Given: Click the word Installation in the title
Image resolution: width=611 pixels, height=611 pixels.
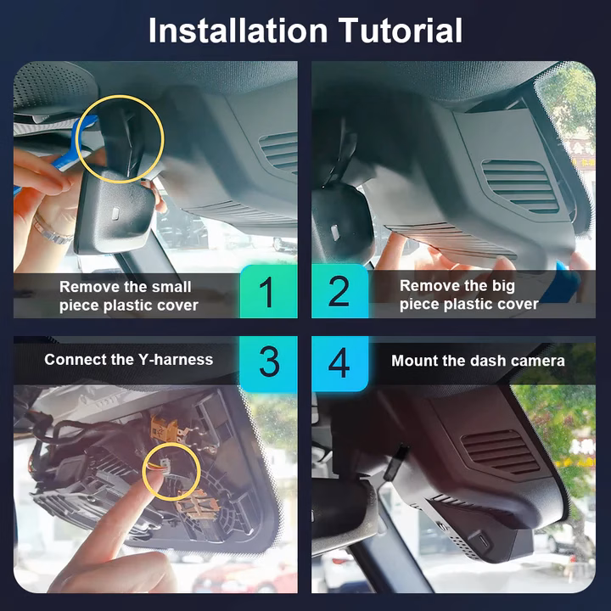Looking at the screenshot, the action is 238,31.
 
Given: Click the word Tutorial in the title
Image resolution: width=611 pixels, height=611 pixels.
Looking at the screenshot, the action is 401,31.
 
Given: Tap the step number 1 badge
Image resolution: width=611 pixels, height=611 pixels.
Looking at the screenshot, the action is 268,291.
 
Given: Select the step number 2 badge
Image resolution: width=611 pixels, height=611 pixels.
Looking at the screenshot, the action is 339,291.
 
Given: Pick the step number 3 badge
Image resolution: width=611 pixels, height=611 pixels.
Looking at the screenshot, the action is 268,363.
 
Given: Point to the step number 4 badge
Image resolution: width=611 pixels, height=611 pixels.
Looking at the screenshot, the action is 339,363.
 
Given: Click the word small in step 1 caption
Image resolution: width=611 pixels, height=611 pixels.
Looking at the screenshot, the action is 171,287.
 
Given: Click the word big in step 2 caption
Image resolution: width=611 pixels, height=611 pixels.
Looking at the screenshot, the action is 503,287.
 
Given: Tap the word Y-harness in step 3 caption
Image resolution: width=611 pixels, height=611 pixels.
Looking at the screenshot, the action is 176,360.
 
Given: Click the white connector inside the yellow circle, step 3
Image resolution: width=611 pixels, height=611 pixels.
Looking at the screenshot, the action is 165,467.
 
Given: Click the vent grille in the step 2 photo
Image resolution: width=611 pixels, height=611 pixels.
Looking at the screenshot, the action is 520,186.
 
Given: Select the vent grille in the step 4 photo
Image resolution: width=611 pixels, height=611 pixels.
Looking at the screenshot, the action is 500,451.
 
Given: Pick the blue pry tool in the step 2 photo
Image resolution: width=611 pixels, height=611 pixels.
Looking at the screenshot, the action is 561,282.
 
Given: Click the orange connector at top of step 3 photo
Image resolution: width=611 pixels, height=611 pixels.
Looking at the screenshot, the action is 164,429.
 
